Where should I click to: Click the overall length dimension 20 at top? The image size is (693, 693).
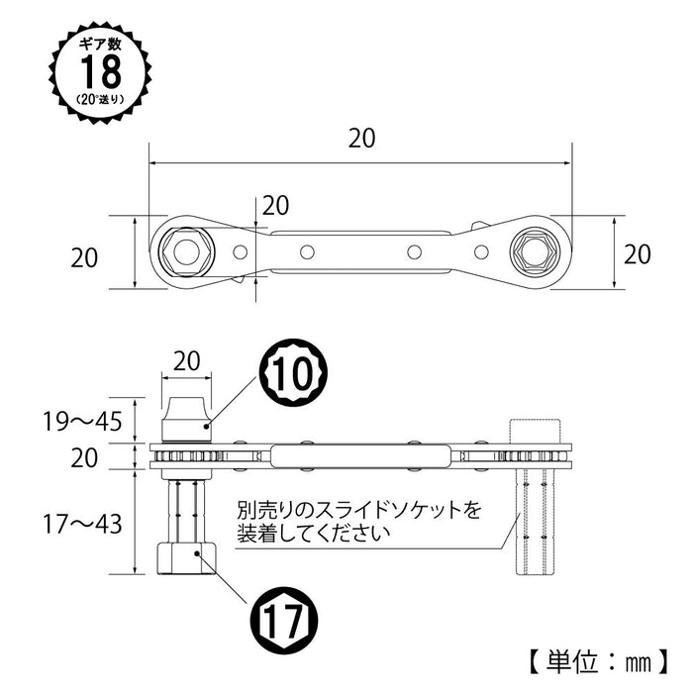pyautogui.click(x=361, y=140)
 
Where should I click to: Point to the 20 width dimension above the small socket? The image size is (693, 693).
pyautogui.click(x=185, y=361)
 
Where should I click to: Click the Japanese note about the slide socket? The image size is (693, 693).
pyautogui.click(x=357, y=523)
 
